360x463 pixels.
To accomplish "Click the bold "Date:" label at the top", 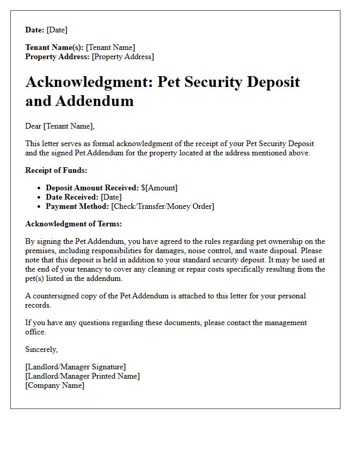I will point(34,30).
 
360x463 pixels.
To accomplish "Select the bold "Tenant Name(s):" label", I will point(54,47).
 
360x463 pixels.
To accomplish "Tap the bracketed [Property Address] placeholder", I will point(122,57).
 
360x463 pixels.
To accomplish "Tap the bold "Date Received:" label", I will point(72,197).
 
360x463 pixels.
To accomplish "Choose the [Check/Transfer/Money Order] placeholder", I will point(163,206).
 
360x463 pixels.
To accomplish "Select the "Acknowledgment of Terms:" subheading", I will point(74,224).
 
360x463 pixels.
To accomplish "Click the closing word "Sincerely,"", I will point(42,349).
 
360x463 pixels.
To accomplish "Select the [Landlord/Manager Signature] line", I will point(75,367).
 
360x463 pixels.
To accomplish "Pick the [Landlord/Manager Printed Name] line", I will point(82,376).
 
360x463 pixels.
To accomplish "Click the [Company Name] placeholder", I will point(55,385).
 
